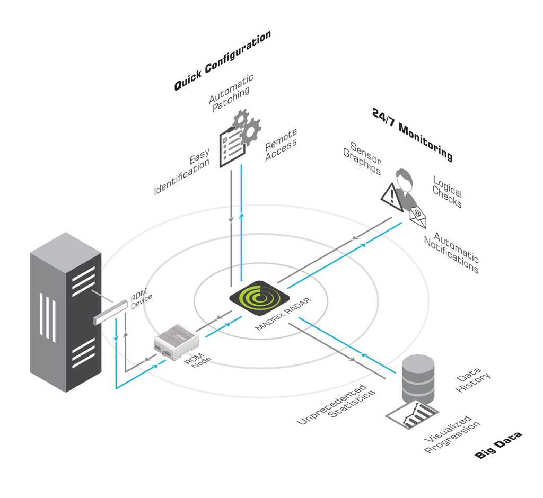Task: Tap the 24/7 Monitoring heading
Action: [412, 134]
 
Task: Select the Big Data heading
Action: [498, 445]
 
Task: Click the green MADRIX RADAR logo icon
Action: [259, 298]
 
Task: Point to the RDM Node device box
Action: [176, 341]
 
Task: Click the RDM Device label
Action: [140, 299]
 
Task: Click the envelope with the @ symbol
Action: [418, 217]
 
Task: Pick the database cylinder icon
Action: [418, 379]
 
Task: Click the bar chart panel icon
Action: [412, 415]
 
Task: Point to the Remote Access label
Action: [281, 145]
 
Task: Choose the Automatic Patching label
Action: [231, 93]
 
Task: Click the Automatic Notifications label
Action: [452, 253]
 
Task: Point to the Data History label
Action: [472, 380]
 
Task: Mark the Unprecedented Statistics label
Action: [336, 404]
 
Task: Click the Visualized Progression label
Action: [452, 434]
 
